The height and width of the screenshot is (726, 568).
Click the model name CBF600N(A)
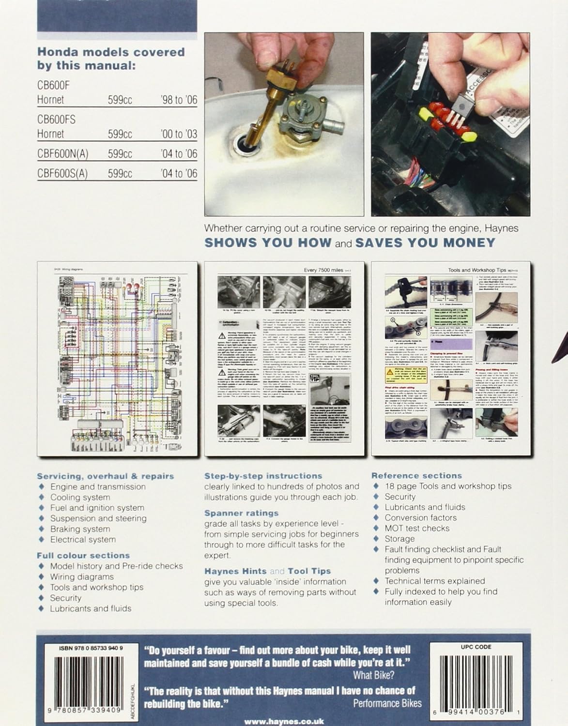coord(62,153)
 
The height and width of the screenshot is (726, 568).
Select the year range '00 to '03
coord(179,134)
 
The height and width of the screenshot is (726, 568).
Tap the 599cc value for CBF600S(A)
coord(120,173)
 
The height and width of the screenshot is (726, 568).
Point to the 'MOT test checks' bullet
coord(417,528)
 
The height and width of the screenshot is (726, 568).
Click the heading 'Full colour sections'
coord(83,556)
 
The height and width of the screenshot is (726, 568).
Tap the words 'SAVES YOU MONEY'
coord(425,243)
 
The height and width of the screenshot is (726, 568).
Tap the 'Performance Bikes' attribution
coord(387,703)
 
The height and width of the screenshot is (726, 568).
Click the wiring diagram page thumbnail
coord(117,359)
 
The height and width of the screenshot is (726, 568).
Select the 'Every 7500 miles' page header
coord(323,271)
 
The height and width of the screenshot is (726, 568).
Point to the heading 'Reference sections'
coord(416,476)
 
